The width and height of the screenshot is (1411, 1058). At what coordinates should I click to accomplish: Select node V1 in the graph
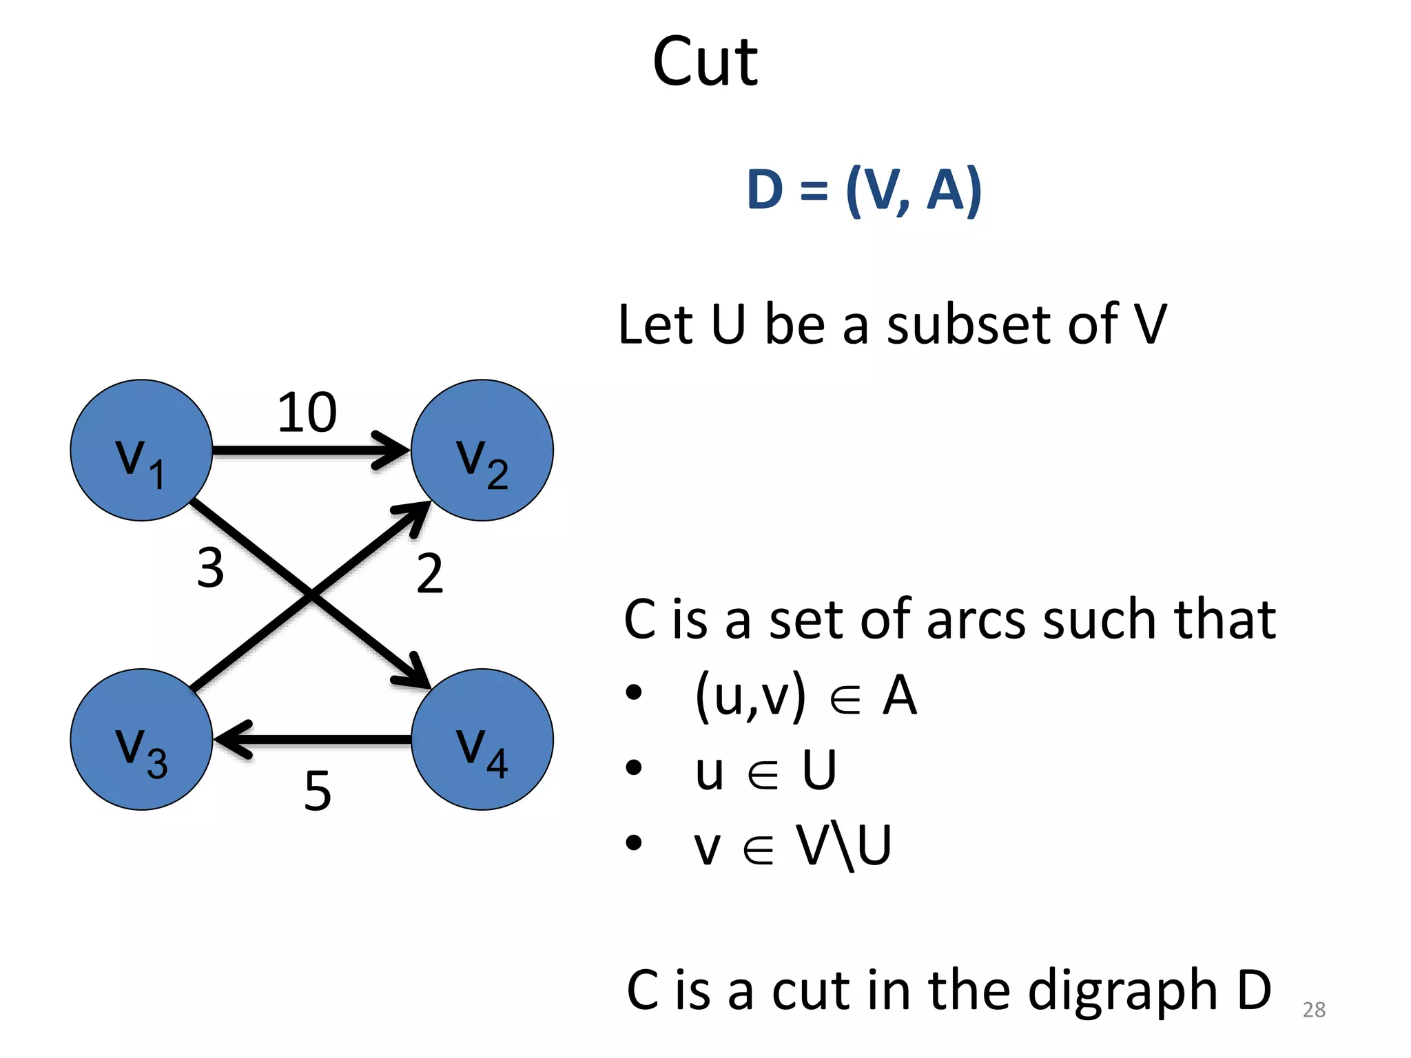[141, 450]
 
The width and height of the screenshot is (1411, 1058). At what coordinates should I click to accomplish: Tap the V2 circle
[482, 450]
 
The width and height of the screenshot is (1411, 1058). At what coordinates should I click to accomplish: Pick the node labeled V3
[141, 740]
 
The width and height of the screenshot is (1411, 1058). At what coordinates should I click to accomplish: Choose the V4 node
[482, 740]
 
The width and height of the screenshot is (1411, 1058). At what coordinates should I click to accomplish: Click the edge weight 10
[307, 413]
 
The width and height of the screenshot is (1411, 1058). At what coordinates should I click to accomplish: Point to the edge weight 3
[210, 568]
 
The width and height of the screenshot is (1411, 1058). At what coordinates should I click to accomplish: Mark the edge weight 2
[429, 573]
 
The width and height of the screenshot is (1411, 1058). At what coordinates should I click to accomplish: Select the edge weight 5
[318, 791]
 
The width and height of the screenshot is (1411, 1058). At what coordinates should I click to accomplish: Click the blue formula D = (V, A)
[864, 189]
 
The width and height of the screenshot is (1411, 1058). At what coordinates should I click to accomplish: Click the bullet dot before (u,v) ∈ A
[634, 693]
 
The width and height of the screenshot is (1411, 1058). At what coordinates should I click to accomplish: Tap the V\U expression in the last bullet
[844, 845]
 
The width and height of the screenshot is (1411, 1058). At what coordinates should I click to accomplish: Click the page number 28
[1314, 1010]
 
